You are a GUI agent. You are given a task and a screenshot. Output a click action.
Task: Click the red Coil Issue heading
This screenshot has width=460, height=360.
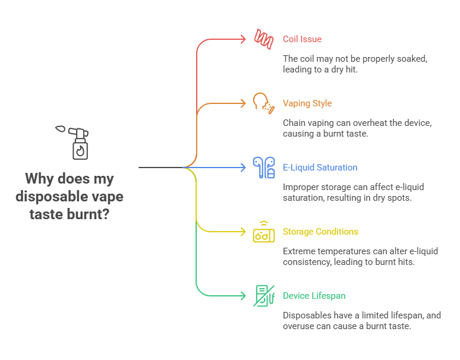(302, 39)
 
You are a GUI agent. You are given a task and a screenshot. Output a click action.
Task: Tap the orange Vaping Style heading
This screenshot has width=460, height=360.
(307, 103)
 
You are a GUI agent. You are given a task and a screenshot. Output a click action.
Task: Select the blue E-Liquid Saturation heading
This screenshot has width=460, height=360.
(320, 168)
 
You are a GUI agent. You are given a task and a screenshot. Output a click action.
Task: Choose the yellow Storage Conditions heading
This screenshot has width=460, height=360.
(320, 232)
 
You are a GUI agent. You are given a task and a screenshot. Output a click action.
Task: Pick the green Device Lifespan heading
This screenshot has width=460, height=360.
(314, 296)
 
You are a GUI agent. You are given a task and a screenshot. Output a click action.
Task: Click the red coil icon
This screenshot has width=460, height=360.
(263, 39)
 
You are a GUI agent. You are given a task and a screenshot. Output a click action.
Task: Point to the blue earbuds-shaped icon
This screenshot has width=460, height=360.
(263, 168)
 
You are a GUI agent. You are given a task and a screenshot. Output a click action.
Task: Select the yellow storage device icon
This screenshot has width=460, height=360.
(263, 232)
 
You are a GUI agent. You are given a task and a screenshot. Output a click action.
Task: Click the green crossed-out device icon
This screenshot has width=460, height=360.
(263, 296)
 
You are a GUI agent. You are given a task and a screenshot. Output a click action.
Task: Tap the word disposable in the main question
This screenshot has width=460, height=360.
(47, 196)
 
